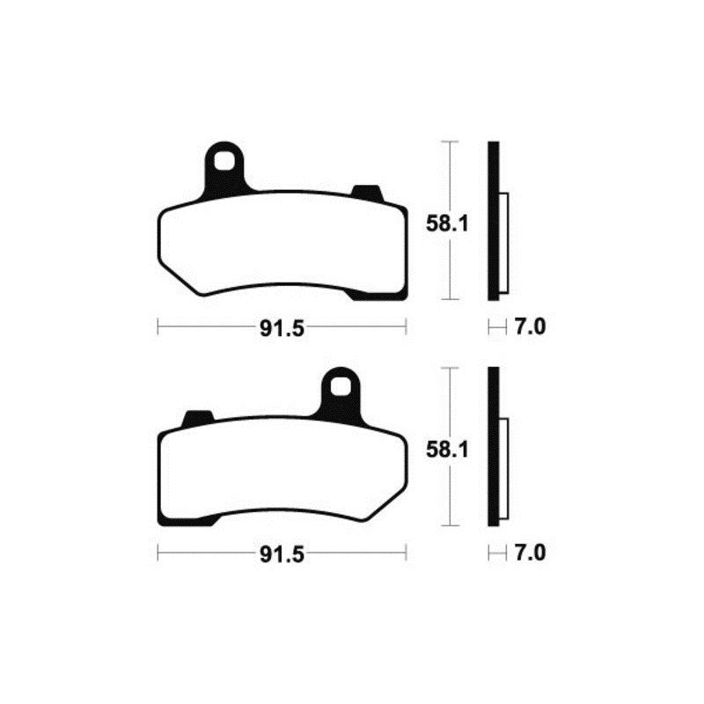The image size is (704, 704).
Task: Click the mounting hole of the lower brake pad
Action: pyautogui.click(x=341, y=386)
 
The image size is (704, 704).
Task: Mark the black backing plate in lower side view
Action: pyautogui.click(x=493, y=448)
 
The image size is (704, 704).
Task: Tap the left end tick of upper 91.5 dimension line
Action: pyautogui.click(x=158, y=327)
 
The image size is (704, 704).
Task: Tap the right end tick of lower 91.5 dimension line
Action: pyautogui.click(x=406, y=553)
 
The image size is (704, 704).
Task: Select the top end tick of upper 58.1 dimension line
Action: pyautogui.click(x=451, y=141)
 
